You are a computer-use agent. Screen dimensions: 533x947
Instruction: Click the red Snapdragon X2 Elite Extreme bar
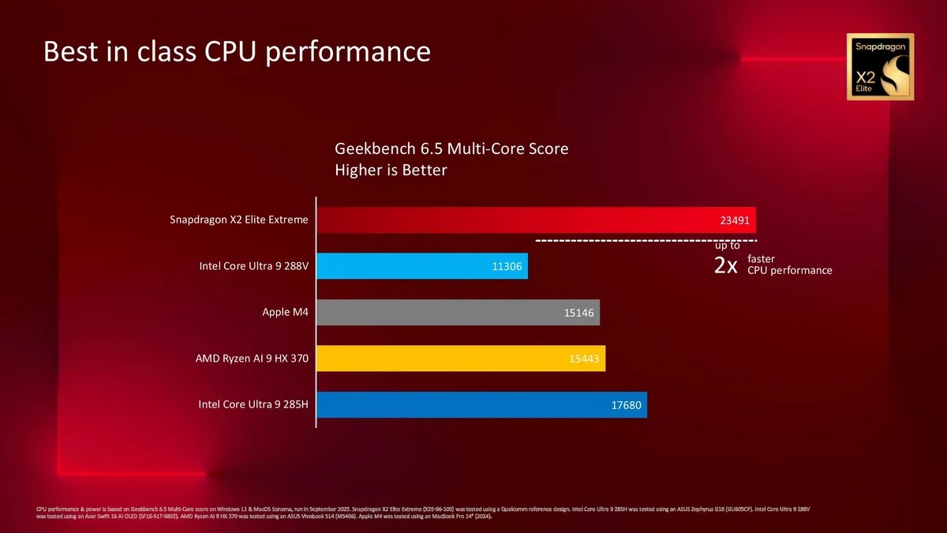537,220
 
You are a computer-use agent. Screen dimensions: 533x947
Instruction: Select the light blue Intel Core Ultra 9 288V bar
422,266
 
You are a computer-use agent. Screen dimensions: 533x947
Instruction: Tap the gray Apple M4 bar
459,313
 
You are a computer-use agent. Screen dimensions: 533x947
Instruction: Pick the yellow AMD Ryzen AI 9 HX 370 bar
461,358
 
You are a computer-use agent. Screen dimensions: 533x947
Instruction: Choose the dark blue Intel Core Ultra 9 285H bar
481,405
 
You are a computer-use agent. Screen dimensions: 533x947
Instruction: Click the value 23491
735,220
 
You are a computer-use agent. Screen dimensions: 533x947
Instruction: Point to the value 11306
507,266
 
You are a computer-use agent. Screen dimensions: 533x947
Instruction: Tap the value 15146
579,313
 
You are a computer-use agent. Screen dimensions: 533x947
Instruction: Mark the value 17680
627,406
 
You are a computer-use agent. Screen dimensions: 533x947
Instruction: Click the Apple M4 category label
285,312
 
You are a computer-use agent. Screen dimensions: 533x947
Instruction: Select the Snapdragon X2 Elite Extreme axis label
239,220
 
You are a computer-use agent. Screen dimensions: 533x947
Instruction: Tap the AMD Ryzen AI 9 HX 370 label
252,358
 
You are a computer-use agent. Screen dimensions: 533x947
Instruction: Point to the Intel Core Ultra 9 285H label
253,405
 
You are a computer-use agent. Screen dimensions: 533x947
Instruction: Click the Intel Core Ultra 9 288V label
253,266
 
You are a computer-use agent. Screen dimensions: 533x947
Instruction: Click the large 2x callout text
725,265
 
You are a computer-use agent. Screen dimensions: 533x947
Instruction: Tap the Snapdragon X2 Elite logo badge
880,67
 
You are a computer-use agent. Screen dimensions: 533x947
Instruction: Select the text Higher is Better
391,170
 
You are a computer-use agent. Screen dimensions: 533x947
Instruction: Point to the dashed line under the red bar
646,239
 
